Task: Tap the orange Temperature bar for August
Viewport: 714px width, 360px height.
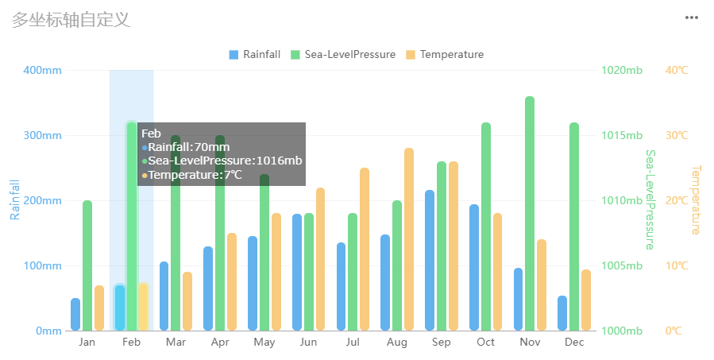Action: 409,238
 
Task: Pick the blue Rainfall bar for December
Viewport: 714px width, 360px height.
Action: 562,313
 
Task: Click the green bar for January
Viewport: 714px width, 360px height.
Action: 87,265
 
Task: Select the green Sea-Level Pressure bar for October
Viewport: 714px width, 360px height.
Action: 485,226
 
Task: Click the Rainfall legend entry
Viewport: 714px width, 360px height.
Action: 254,55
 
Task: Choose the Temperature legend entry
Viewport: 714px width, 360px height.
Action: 444,55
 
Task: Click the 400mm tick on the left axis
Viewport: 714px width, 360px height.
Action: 43,70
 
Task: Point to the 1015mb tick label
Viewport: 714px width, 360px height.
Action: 623,135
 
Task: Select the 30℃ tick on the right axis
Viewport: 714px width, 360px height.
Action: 677,135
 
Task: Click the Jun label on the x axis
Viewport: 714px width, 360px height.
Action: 309,343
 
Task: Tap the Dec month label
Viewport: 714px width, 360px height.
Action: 574,343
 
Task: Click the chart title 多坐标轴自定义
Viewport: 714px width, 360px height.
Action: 71,20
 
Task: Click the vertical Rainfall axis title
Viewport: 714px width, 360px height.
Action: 15,199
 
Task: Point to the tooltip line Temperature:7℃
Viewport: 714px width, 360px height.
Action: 195,175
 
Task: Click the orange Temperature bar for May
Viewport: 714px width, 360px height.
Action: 276,271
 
